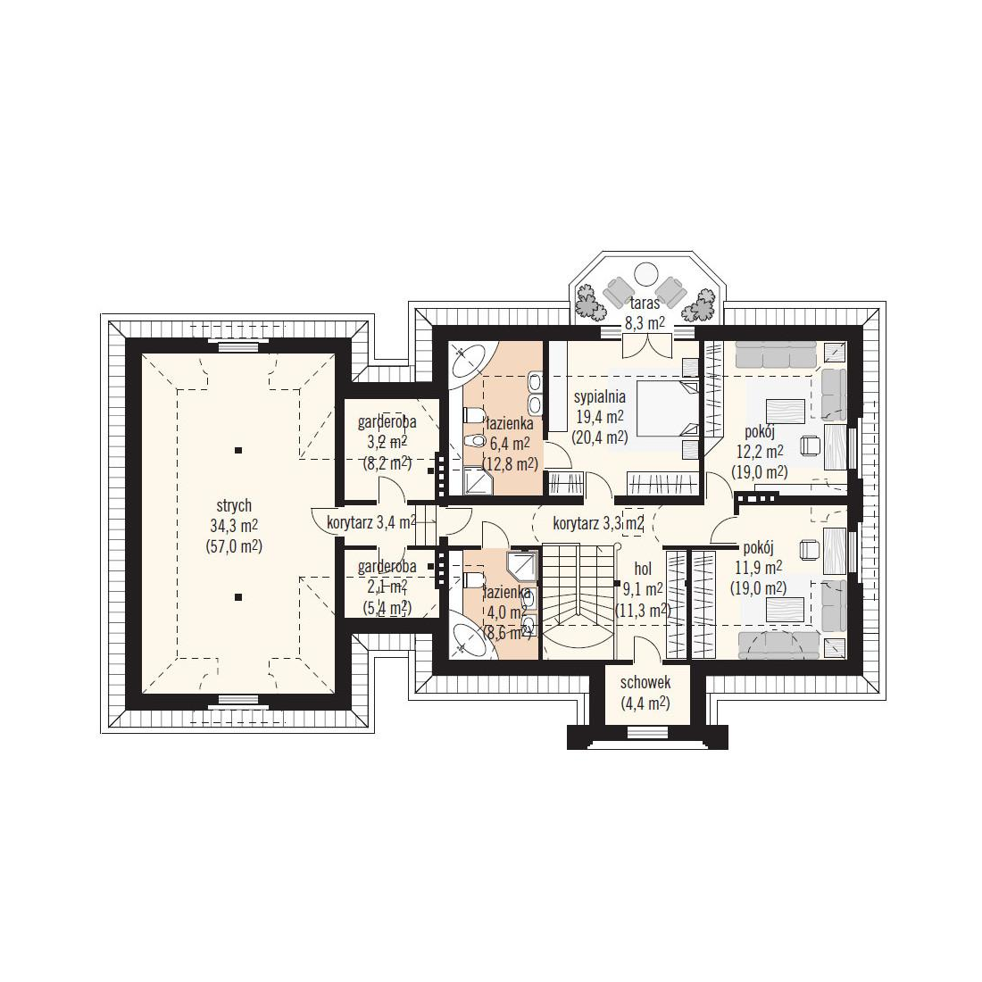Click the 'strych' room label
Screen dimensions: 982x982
point(234,505)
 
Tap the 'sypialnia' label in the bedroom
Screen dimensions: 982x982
point(600,396)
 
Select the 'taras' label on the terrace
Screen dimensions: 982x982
point(645,304)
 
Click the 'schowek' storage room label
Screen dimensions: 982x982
point(645,682)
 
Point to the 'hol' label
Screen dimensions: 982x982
point(643,569)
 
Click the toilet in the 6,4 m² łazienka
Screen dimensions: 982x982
point(473,415)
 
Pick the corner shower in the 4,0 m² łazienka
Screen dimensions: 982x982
point(521,567)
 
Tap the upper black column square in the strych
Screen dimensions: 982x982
point(238,450)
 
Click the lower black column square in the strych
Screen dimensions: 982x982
point(238,597)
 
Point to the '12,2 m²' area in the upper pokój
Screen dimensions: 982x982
point(760,452)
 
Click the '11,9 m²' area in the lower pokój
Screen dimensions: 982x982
point(759,568)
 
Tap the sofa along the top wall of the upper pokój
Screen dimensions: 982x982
point(775,354)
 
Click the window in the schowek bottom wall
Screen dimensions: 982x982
point(647,730)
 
